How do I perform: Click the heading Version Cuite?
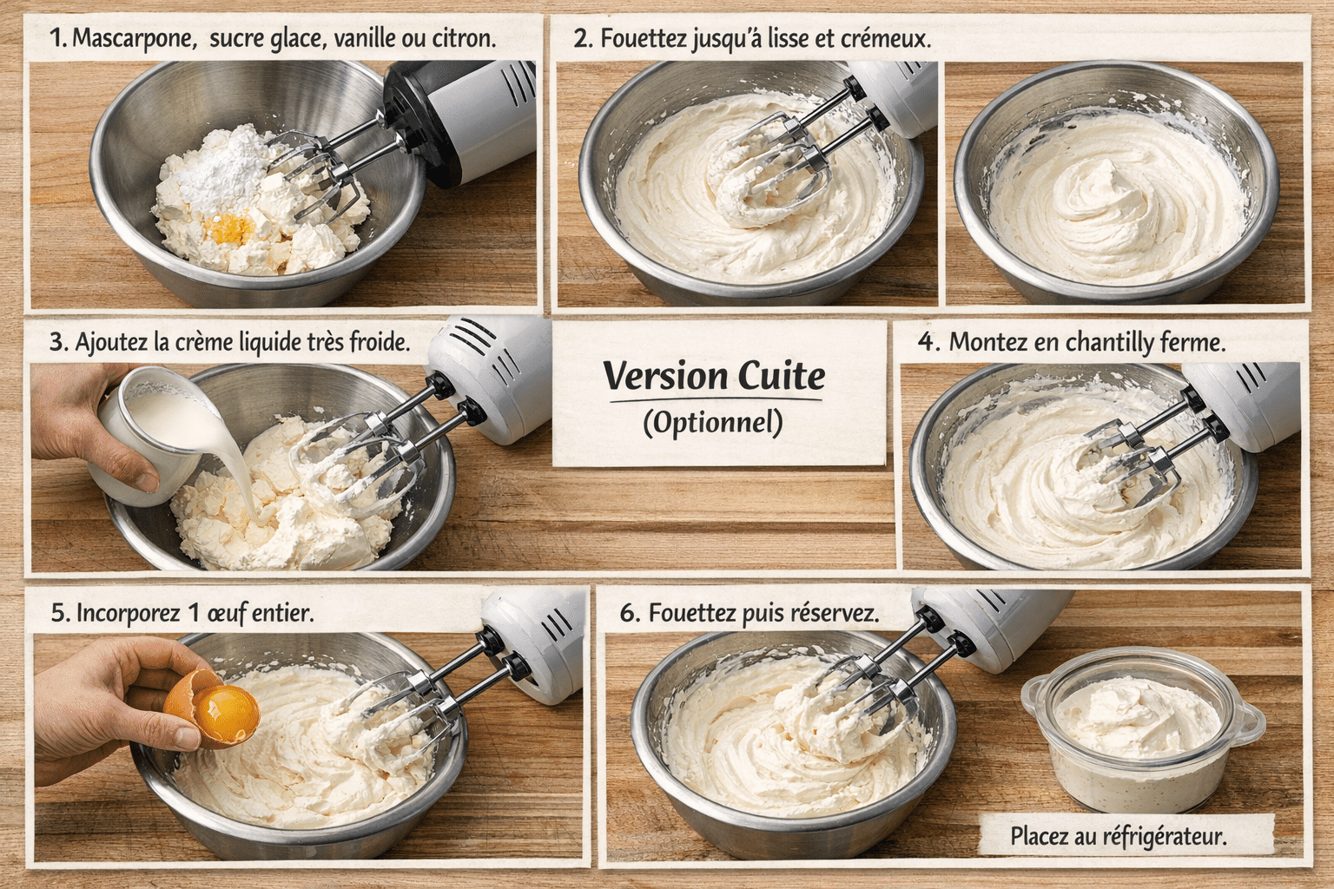714,376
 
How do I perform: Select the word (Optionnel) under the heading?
713,423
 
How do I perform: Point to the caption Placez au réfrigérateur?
1119,837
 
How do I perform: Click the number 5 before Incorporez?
58,613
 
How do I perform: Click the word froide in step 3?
379,342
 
